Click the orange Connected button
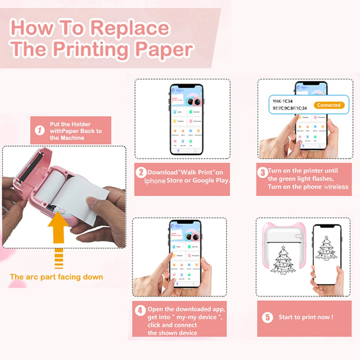pos(329,105)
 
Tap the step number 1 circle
pos(40,130)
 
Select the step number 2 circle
pos(141,172)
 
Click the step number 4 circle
pos(140,310)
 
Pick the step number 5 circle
pos(268,317)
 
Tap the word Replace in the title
pos(130,28)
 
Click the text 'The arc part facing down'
pos(56,277)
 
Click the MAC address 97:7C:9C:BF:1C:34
pos(289,108)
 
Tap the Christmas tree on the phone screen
pos(325,248)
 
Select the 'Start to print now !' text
pos(306,317)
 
